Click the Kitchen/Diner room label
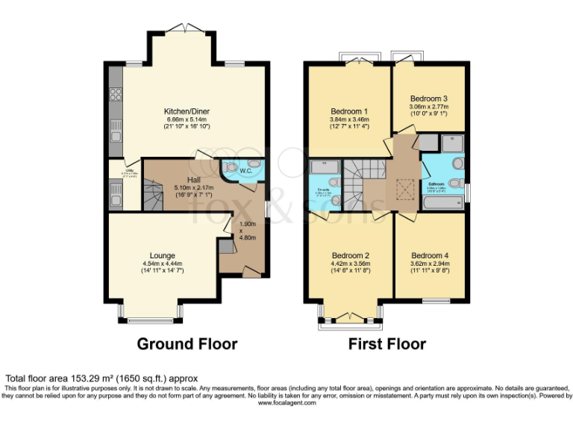pyautogui.click(x=187, y=112)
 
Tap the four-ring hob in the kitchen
pyautogui.click(x=116, y=94)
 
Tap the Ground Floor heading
pyautogui.click(x=187, y=344)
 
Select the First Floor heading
pyautogui.click(x=387, y=344)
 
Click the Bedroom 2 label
pyautogui.click(x=351, y=255)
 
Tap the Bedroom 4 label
pyautogui.click(x=430, y=255)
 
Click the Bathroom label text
pyautogui.click(x=436, y=183)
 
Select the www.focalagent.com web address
pyautogui.click(x=286, y=402)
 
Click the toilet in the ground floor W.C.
pyautogui.click(x=231, y=166)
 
